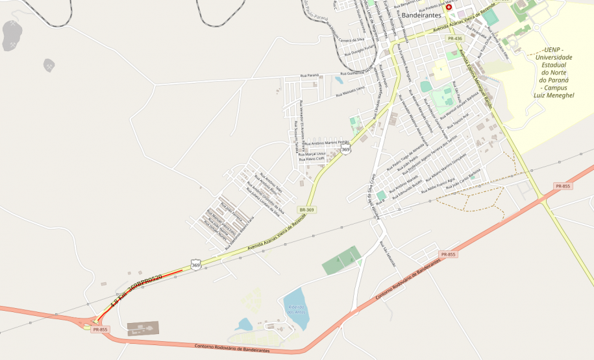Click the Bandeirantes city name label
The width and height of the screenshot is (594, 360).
[x=421, y=14]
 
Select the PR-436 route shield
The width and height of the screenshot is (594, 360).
[x=454, y=40]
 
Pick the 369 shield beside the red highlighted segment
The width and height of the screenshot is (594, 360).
[x=195, y=264]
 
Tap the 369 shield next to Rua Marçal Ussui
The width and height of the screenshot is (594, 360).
[x=346, y=150]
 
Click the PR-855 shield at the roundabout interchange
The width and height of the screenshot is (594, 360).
[x=100, y=330]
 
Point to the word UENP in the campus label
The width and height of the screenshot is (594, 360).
[x=554, y=49]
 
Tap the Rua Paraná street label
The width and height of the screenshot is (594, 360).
[x=309, y=76]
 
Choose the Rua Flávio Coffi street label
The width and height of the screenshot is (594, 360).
[x=310, y=160]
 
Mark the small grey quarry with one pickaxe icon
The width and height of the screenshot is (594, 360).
[x=49, y=65]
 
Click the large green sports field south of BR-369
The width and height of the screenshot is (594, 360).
[x=341, y=259]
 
